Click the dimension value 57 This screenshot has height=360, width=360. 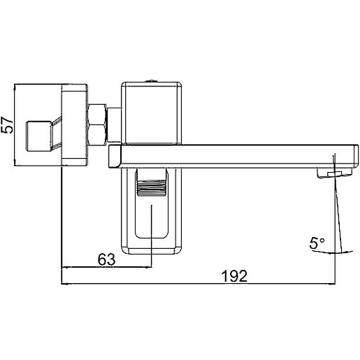pyautogui.click(x=7, y=125)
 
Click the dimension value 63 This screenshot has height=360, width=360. pyautogui.click(x=106, y=259)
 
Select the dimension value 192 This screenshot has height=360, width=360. pyautogui.click(x=234, y=276)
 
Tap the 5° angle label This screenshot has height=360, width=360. pyautogui.click(x=317, y=243)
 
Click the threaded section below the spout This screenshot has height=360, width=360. pyautogui.click(x=152, y=188)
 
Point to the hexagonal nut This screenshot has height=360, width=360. pyautogui.click(x=96, y=125)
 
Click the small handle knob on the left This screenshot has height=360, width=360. pyautogui.click(x=38, y=136)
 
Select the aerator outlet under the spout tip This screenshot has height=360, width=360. pyautogui.click(x=334, y=173)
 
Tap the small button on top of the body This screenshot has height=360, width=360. pyautogui.click(x=152, y=81)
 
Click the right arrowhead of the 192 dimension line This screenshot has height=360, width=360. pyautogui.click(x=333, y=284)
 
